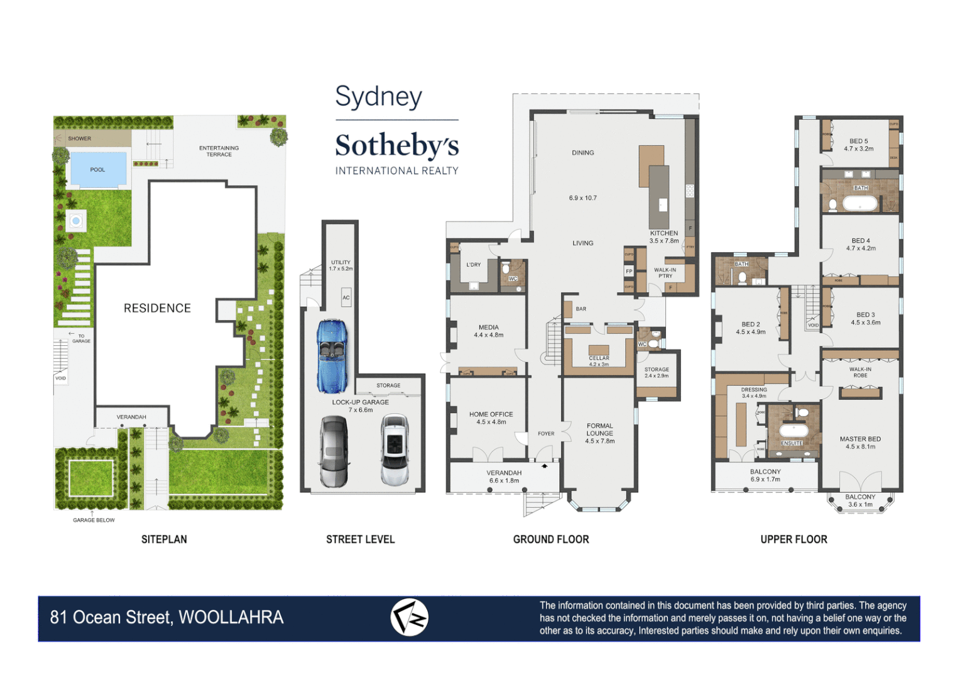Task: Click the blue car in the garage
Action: click(332, 356)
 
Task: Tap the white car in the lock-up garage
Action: click(395, 450)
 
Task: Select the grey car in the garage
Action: click(334, 451)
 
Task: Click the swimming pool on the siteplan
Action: click(97, 169)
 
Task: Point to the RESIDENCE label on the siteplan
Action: click(157, 308)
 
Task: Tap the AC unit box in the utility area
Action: click(346, 297)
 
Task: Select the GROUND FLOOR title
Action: click(551, 539)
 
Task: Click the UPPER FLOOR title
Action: click(794, 539)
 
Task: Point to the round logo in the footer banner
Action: click(409, 617)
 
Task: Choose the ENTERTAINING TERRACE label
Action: click(219, 151)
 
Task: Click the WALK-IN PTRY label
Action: click(665, 273)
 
